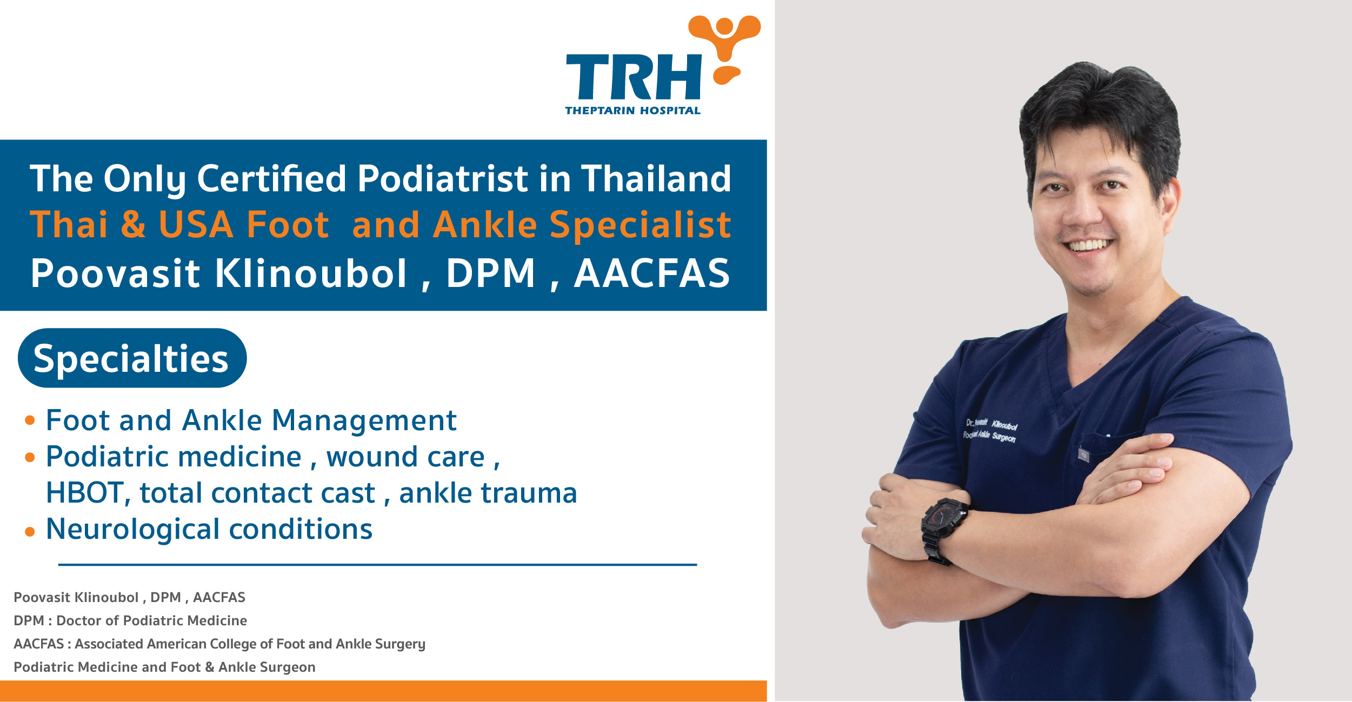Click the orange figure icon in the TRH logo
click(x=724, y=46)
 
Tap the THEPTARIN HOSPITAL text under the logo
click(x=632, y=111)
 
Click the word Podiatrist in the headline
click(x=443, y=179)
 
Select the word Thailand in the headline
click(x=656, y=179)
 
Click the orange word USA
click(x=196, y=225)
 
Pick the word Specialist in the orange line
click(x=640, y=225)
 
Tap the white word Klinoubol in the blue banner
click(x=310, y=273)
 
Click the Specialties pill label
click(x=131, y=358)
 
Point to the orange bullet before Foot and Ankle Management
click(x=30, y=420)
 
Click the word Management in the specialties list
click(x=364, y=420)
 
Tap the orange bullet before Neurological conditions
click(x=30, y=532)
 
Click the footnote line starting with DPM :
click(x=130, y=620)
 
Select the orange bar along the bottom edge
click(x=383, y=691)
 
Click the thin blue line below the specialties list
click(x=377, y=565)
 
